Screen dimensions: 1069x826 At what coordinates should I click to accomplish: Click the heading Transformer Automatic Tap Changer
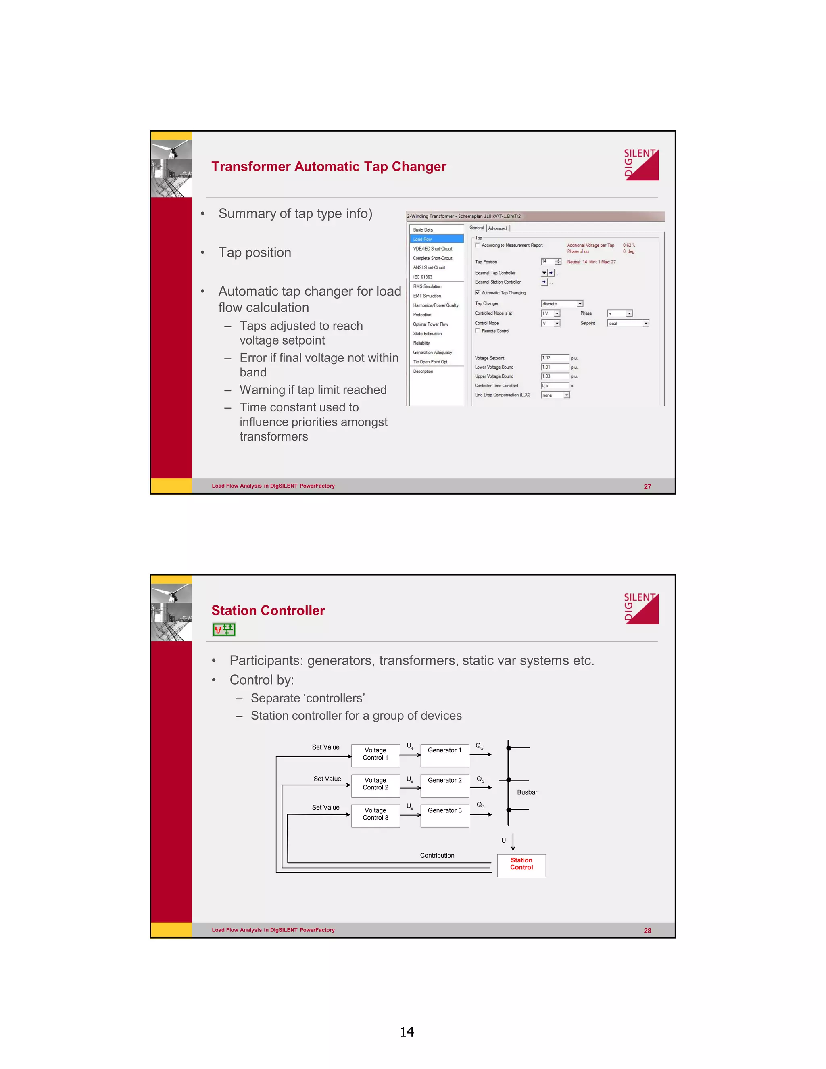(328, 167)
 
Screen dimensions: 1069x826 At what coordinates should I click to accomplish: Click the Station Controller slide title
(268, 610)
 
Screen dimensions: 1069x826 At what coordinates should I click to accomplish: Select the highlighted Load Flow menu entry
(436, 239)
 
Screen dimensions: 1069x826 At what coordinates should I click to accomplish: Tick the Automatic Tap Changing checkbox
(478, 293)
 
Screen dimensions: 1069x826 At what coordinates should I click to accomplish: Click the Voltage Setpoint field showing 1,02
(555, 358)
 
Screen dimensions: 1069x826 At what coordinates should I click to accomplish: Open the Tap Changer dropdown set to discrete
(562, 303)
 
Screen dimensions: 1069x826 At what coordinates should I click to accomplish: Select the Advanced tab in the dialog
(497, 228)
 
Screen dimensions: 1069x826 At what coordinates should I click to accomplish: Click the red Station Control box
(521, 865)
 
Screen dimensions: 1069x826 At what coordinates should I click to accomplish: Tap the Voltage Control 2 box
(375, 784)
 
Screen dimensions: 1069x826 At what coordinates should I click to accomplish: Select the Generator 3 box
(444, 814)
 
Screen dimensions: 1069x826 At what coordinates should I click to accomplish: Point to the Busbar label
(527, 792)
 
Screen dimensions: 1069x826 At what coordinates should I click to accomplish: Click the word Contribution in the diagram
(437, 855)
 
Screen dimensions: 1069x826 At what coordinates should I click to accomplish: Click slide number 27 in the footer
(647, 486)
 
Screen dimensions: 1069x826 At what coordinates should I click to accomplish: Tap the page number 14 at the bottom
(407, 1032)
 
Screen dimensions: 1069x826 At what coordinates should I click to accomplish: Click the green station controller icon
(224, 629)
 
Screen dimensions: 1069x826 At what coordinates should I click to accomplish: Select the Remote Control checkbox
(478, 331)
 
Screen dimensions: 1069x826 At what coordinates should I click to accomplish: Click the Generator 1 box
(444, 754)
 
